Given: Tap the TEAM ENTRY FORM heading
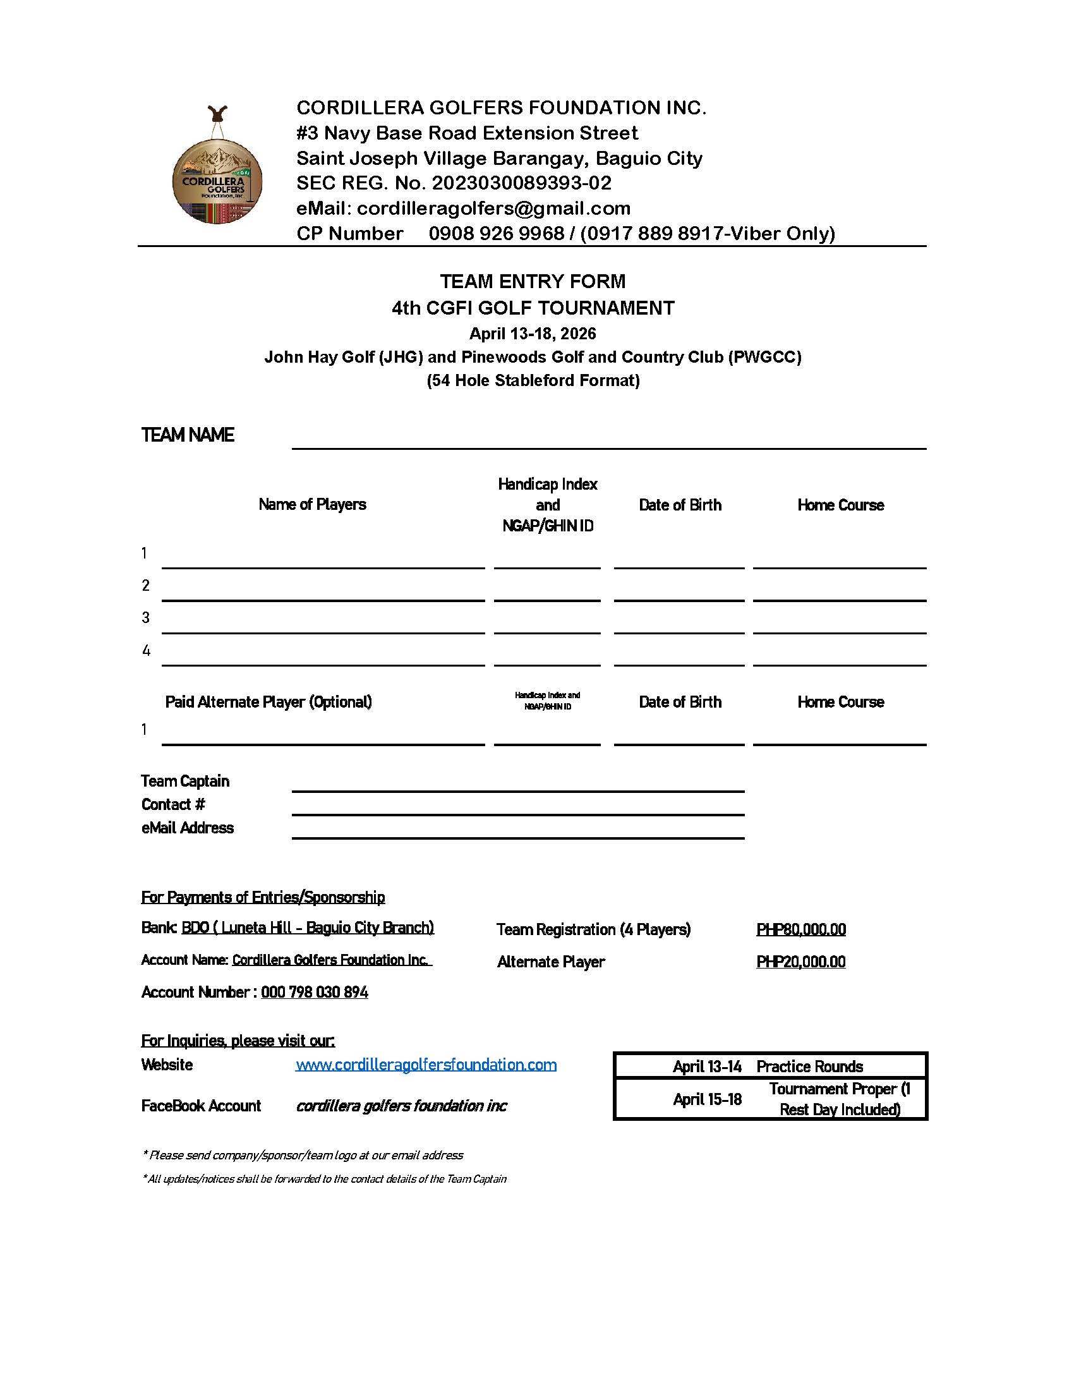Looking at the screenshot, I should [533, 281].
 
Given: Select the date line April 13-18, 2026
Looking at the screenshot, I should [533, 334].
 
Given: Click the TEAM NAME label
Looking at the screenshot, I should [188, 435].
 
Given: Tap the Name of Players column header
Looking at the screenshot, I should [311, 504].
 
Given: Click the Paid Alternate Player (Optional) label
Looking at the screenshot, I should [268, 701].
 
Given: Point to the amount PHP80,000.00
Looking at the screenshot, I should [801, 929].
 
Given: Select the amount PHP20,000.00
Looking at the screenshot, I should [800, 962].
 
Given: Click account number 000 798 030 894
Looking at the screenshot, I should [315, 992].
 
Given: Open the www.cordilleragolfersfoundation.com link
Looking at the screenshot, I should [426, 1065].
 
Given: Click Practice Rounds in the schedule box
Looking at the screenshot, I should [809, 1066].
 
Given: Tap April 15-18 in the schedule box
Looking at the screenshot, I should [707, 1099].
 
